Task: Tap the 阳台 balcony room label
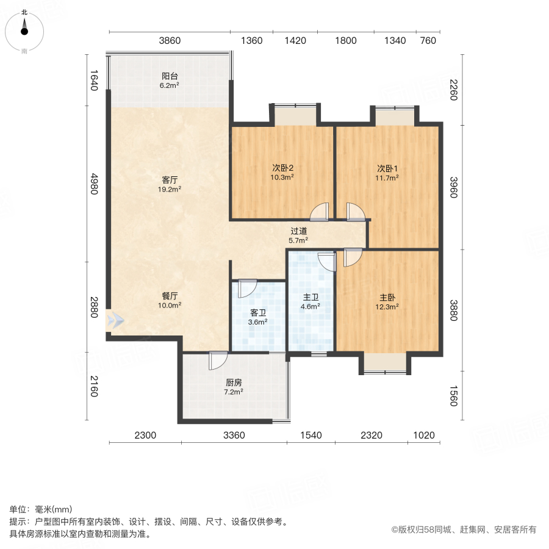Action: point(170,76)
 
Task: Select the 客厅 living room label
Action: point(170,180)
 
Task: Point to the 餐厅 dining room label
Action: point(170,296)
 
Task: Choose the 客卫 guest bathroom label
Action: point(258,312)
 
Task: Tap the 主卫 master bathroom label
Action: point(311,298)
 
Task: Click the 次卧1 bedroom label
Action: point(387,168)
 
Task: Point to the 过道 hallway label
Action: point(298,231)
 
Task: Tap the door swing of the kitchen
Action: point(217,361)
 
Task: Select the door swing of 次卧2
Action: point(318,212)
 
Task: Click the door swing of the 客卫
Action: point(247,287)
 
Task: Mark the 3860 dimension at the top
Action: point(170,41)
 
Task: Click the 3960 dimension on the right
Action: point(452,188)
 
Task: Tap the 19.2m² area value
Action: point(170,189)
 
